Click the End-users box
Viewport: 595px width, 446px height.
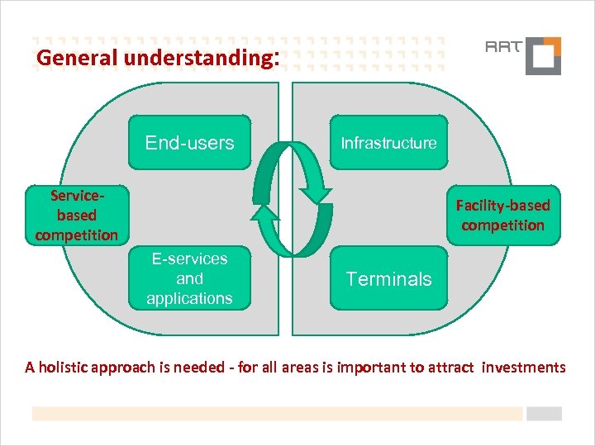coord(189,142)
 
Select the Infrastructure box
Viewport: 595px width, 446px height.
coord(388,142)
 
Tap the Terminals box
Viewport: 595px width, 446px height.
coord(388,279)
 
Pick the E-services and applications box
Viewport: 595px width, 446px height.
coord(189,278)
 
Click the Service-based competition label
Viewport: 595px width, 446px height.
coord(77,215)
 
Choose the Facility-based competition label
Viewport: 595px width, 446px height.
coord(503,215)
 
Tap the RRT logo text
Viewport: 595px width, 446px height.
coord(502,46)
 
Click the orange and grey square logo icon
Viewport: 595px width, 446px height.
coord(543,56)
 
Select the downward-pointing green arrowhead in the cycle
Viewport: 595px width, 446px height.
coord(317,195)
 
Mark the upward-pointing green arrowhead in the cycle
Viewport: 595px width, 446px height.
coord(265,213)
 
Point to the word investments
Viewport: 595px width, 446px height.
coord(524,367)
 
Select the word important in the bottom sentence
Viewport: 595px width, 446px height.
coord(368,367)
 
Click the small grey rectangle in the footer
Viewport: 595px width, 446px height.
coord(544,414)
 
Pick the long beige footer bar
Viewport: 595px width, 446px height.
coord(277,414)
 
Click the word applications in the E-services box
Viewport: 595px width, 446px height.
coord(189,298)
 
